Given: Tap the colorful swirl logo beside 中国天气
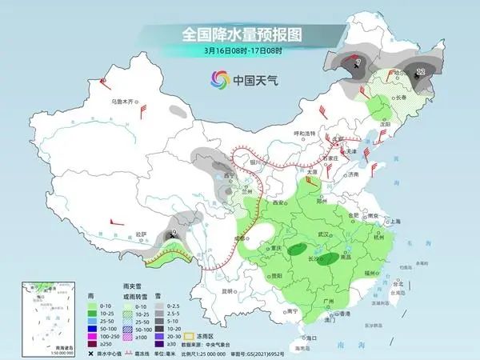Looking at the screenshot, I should (218, 79).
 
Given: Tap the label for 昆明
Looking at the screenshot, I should (229, 290).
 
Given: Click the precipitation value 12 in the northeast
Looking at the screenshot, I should (421, 71).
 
